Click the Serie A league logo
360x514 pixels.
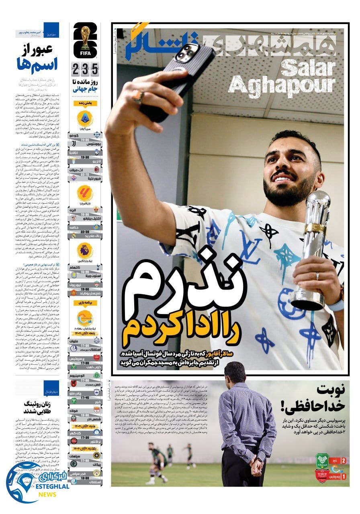[85, 118]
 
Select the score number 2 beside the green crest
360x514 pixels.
[343, 461]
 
